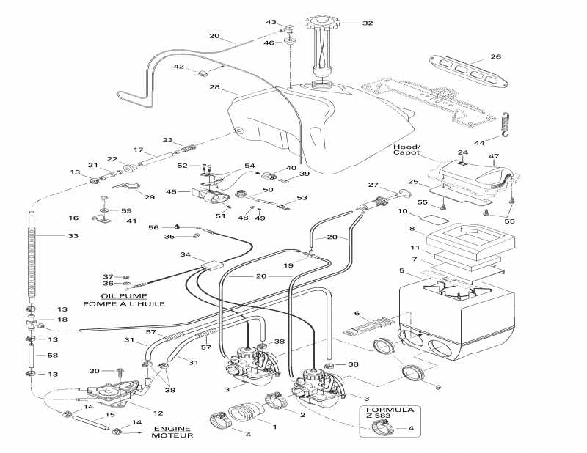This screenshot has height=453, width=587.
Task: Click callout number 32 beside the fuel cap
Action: coord(368,23)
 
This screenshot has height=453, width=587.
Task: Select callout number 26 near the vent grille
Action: coord(495,56)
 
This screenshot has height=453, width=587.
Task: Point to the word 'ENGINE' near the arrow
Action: coord(172,428)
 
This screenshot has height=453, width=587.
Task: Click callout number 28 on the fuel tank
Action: coord(214,88)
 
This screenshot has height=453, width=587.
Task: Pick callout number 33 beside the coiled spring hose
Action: coord(73,236)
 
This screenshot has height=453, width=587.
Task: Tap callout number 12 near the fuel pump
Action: coord(158,413)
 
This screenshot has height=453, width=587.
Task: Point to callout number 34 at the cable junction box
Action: coord(185,254)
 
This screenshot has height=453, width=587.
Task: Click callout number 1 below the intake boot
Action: coord(274,426)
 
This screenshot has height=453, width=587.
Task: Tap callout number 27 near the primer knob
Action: coord(393,185)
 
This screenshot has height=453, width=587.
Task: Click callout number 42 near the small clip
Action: coord(178,67)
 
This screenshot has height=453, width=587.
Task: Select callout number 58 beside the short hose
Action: coord(73,356)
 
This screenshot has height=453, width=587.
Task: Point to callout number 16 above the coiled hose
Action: coord(73,218)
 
